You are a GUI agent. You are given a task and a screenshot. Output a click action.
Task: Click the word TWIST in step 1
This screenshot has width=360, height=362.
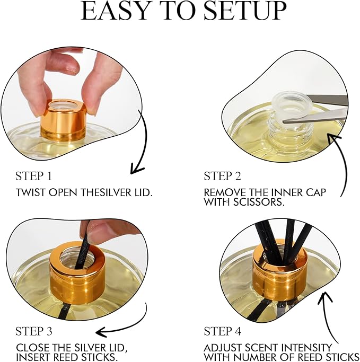[30, 192]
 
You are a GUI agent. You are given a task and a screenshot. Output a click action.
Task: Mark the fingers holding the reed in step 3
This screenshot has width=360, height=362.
[106, 231]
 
